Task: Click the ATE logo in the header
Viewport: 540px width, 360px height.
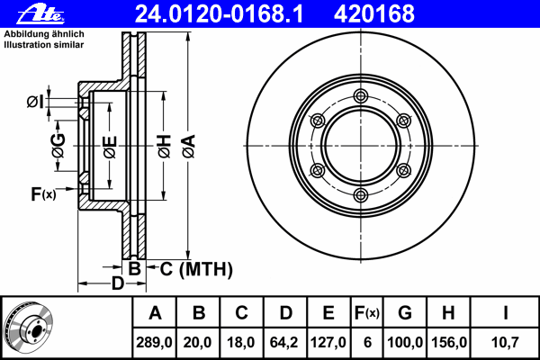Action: point(40,14)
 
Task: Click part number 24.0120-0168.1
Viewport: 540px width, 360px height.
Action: point(219,13)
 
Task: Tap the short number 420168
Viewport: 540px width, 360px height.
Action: point(374,13)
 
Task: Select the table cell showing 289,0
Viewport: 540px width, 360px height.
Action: point(154,342)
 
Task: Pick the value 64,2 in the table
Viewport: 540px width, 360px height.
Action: point(283,342)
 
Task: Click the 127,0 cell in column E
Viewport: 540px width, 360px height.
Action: point(328,342)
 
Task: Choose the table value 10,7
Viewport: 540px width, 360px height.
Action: point(505,342)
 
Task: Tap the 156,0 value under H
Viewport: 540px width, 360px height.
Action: point(449,342)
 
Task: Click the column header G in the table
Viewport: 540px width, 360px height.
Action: point(405,313)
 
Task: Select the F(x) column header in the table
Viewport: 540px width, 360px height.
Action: point(367,313)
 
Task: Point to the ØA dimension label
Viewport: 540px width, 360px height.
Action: point(189,147)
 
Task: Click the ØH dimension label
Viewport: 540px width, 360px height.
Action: point(165,147)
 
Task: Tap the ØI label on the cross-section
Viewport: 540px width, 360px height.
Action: point(35,102)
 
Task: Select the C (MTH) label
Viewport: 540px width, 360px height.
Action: point(196,269)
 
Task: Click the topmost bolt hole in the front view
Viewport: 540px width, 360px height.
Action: point(361,95)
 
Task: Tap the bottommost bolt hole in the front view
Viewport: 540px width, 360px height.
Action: point(361,195)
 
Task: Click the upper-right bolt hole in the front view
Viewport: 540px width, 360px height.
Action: point(403,121)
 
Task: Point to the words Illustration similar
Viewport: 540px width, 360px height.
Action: point(44,45)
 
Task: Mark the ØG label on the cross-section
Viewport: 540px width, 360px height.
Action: point(58,146)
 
